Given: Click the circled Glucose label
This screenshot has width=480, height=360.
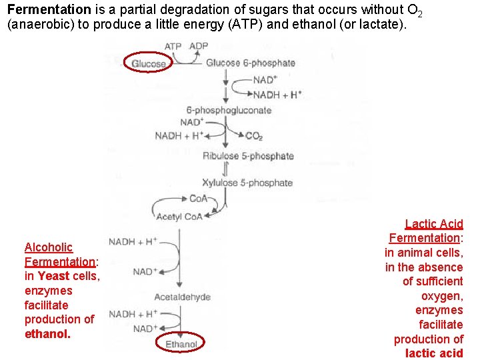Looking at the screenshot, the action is pyautogui.click(x=149, y=63).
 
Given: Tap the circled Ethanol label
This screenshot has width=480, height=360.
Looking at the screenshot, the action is pyautogui.click(x=181, y=343).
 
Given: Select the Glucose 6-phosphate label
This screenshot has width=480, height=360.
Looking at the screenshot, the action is pyautogui.click(x=251, y=63).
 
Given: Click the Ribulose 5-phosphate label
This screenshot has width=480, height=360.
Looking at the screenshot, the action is pyautogui.click(x=248, y=156).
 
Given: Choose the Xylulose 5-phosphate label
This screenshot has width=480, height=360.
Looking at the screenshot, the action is pyautogui.click(x=247, y=183).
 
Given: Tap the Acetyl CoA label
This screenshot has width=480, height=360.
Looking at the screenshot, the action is pyautogui.click(x=179, y=217).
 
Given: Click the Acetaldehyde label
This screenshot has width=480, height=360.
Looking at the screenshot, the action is pyautogui.click(x=182, y=297).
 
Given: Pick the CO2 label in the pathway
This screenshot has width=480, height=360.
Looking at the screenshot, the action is pyautogui.click(x=254, y=136).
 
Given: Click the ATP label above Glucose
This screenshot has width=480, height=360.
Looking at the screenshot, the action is pyautogui.click(x=173, y=46).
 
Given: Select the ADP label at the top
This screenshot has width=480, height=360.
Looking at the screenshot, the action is pyautogui.click(x=199, y=46).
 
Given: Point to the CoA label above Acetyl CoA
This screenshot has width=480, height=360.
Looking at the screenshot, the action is pyautogui.click(x=198, y=198).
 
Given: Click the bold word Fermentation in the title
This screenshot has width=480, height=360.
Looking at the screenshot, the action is pyautogui.click(x=49, y=10).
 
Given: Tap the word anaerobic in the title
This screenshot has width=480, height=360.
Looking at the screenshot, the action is pyautogui.click(x=34, y=25).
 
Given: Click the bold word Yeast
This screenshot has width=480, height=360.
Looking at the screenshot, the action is pyautogui.click(x=54, y=276).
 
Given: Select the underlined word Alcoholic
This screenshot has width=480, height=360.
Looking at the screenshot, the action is pyautogui.click(x=49, y=247).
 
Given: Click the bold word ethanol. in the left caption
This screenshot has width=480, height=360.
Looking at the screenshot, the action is pyautogui.click(x=47, y=334).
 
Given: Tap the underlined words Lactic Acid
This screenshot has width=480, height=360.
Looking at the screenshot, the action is pyautogui.click(x=434, y=225).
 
